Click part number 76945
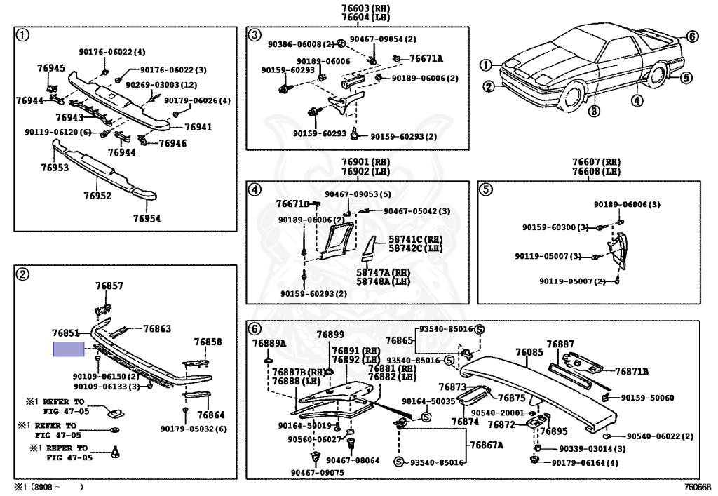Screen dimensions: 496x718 [x=50, y=68]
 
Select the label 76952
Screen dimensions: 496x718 [x=97, y=196]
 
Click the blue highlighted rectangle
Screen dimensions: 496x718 [x=69, y=349]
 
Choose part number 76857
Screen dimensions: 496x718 [x=109, y=286]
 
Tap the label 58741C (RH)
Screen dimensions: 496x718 [x=407, y=239]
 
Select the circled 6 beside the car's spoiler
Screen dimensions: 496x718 [x=691, y=36]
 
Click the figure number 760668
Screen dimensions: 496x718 [x=698, y=486]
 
